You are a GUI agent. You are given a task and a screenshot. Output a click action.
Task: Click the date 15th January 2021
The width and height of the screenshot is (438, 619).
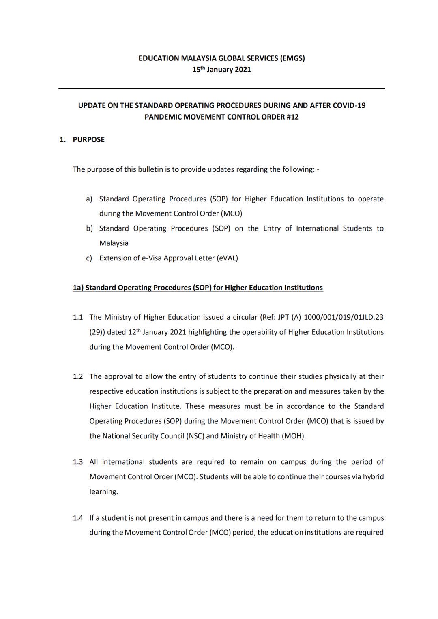[221, 69]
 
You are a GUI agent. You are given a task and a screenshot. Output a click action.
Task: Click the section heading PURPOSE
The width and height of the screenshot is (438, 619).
[88, 139]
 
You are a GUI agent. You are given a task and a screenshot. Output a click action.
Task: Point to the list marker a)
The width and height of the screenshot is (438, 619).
[89, 199]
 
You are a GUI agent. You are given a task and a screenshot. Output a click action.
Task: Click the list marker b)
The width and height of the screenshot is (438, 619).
[89, 228]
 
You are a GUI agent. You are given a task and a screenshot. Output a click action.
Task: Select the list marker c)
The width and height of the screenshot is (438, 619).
[89, 258]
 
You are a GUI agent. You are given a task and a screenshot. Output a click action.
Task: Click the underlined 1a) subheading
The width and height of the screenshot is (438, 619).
[198, 288]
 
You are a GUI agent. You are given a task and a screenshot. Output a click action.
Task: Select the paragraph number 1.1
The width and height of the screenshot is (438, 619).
[78, 317]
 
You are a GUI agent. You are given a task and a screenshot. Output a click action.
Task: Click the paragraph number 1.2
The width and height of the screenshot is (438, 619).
[78, 376]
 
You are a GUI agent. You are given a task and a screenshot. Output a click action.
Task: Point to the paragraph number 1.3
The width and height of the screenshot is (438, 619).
[78, 462]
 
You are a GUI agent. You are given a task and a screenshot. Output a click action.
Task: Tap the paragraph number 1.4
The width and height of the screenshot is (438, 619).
[78, 518]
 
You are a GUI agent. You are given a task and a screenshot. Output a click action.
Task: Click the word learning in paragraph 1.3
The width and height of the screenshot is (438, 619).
[103, 492]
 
